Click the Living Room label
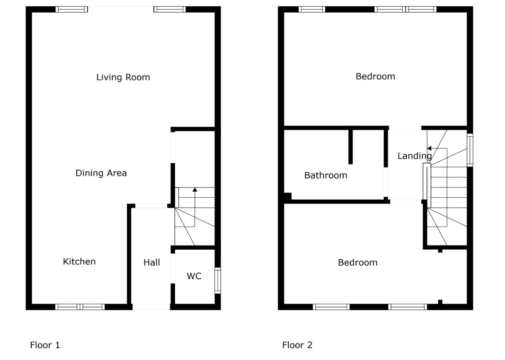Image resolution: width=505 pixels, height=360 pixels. [123, 77]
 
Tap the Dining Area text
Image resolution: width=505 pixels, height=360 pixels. [101, 173]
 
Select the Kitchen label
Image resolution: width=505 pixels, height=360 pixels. [79, 262]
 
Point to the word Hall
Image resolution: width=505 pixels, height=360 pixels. [152, 263]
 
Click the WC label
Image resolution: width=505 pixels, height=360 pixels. [194, 276]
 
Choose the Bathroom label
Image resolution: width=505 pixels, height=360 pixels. [326, 175]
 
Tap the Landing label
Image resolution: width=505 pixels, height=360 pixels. [415, 156]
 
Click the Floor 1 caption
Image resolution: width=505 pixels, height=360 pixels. [45, 345]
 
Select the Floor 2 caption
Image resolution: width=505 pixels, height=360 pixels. [297, 345]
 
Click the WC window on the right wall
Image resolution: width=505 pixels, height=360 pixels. [218, 281]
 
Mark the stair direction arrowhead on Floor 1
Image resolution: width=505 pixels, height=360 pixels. [195, 190]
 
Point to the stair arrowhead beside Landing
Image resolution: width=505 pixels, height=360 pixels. [429, 149]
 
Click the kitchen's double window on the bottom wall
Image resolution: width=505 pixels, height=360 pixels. [80, 307]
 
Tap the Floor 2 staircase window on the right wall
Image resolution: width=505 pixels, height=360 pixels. [470, 150]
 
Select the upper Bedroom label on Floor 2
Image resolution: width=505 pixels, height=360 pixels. [375, 76]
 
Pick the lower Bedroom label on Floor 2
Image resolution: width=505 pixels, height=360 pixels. [357, 263]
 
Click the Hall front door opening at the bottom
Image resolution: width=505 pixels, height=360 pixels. [151, 307]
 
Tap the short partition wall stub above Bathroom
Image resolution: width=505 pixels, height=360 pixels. [350, 147]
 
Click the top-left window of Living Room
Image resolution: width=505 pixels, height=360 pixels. [71, 9]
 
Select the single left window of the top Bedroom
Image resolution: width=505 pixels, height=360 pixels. [312, 9]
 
